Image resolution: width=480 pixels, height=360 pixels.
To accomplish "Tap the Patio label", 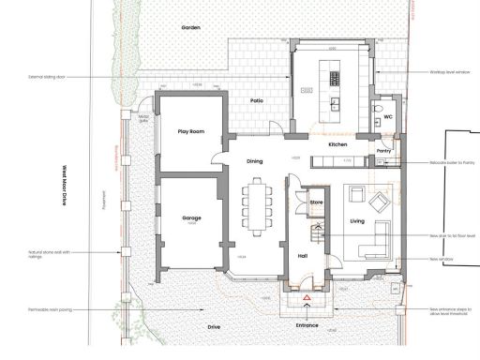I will pos(255,100).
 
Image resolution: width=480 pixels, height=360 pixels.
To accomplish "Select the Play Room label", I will pos(191,132).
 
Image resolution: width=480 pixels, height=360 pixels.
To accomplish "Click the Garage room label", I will pos(191,217).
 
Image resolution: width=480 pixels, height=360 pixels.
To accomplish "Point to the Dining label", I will pos(255,161).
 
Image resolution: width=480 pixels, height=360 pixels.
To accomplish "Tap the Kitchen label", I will pos(338,145).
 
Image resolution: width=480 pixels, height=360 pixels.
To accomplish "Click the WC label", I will pos(387,118).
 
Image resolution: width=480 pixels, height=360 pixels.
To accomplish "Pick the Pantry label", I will pos(382,150).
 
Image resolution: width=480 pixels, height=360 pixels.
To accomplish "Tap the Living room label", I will pos(357,221).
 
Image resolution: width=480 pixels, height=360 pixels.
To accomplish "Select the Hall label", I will pos(303,254).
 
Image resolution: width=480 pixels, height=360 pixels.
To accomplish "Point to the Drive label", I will pos(213,326).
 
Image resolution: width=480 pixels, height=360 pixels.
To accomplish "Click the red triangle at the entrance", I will pos(307,298).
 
